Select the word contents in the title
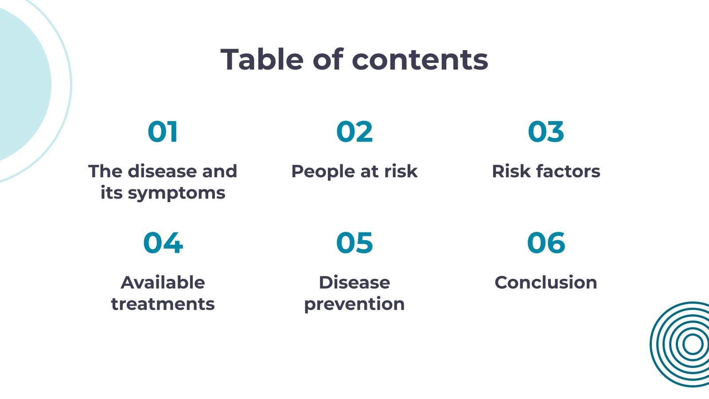420,60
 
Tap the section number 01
163,132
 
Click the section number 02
354,132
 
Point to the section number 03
546,132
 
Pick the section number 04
163,243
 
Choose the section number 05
354,243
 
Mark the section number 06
546,243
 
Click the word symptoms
177,194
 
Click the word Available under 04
163,282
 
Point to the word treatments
163,304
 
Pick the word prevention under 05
354,305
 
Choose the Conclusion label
546,282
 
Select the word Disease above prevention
354,282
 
